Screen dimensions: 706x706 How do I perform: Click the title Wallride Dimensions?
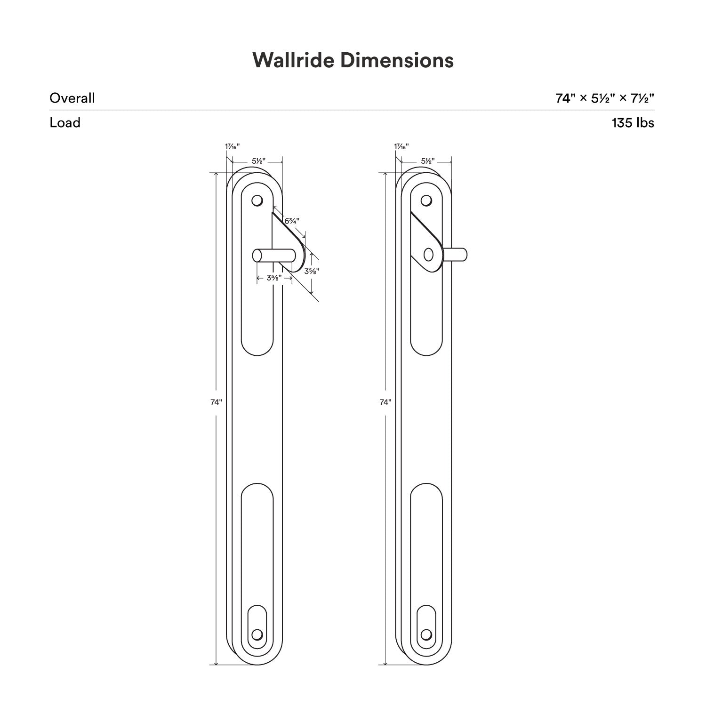353,60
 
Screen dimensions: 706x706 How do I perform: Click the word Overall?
72,98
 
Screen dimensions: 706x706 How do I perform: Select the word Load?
65,122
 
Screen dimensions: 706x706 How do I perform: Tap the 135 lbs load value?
633,122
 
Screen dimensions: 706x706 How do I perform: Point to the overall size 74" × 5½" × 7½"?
605,98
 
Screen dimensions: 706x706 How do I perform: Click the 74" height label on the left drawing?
216,402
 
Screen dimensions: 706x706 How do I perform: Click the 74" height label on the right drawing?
385,402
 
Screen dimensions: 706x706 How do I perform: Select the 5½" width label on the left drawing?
258,161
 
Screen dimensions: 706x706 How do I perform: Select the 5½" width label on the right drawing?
427,161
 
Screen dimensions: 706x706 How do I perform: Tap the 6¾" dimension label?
292,220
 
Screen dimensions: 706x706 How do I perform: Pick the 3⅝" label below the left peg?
274,278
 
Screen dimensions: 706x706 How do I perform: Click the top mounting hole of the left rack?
257,201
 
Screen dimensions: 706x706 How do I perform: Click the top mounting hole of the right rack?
426,201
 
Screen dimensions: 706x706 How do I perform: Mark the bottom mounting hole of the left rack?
257,634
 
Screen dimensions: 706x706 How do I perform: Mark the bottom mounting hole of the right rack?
426,634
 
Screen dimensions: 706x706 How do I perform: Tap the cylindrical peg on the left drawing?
273,255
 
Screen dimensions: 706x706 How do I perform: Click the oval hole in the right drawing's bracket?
428,255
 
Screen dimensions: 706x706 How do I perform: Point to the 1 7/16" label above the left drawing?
232,146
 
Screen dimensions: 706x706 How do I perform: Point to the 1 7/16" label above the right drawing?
401,146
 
